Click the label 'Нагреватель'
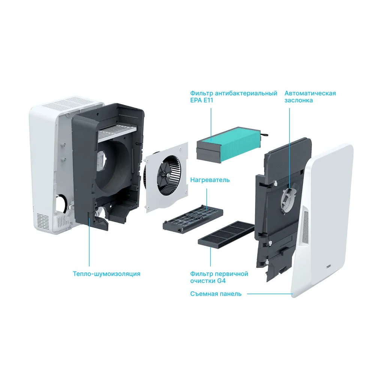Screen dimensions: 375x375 tap(210, 180)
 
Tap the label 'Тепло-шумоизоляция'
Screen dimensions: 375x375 tap(106, 274)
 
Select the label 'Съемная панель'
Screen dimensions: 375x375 tap(216, 294)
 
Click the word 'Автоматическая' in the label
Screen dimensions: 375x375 tap(310, 93)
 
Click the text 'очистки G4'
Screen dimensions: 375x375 tap(208, 281)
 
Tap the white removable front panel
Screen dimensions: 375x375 tap(322, 220)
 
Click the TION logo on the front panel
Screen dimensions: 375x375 tap(329, 266)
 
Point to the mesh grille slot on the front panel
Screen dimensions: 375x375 tap(306, 226)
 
